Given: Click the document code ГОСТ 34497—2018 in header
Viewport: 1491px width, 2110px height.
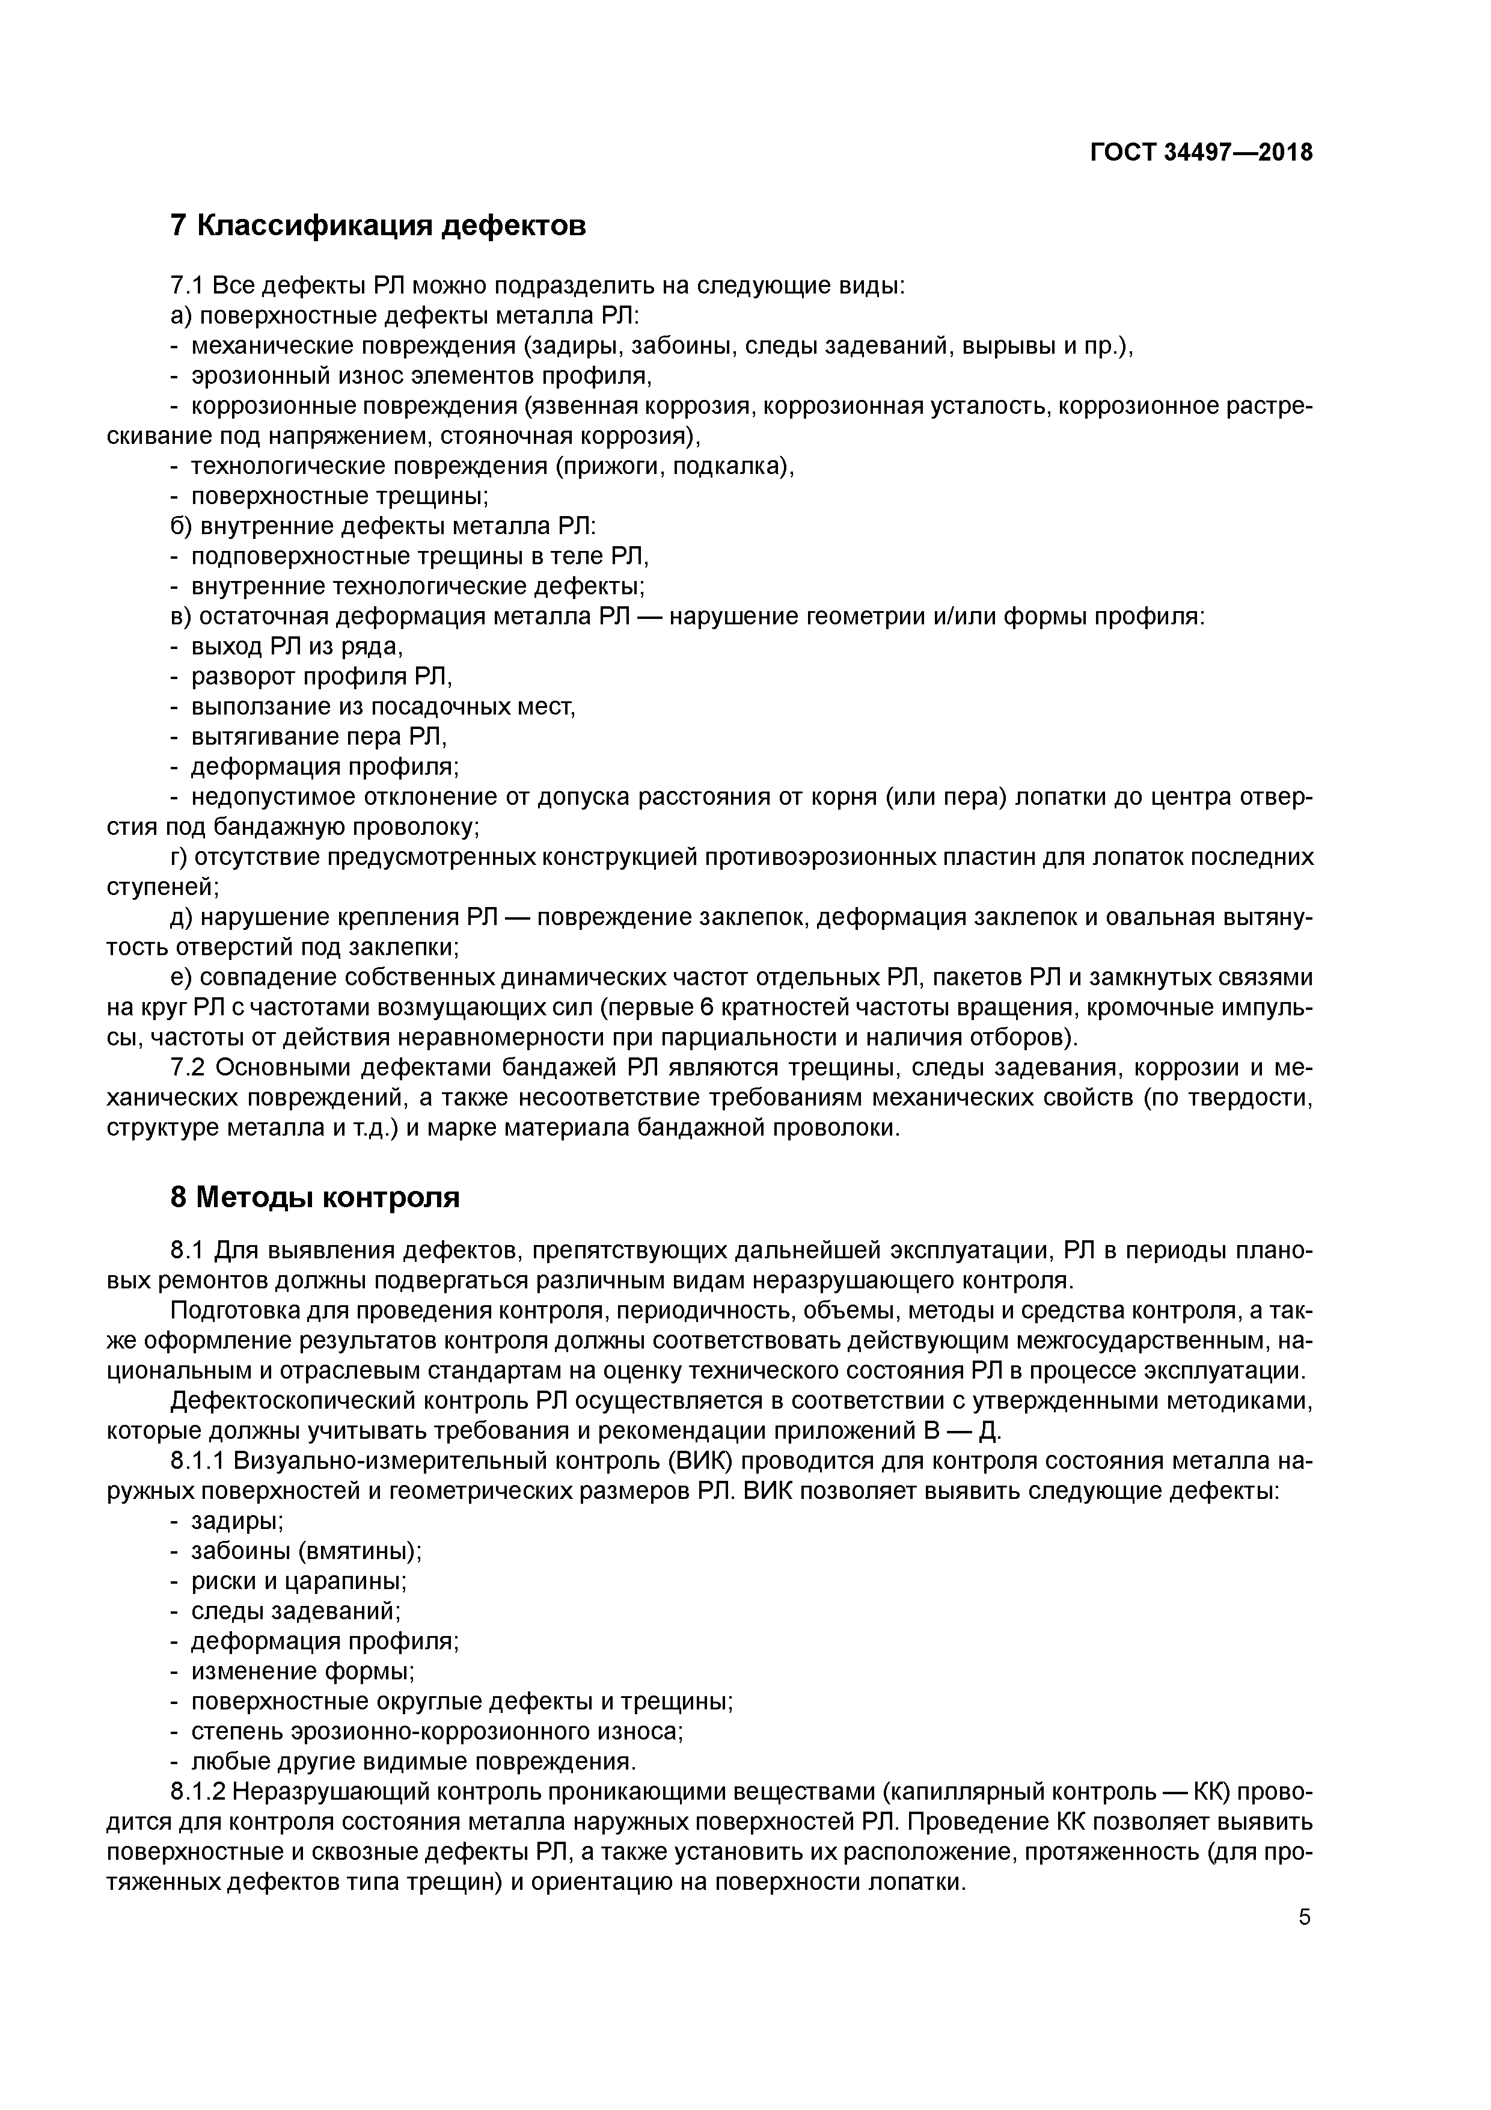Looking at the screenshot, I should pos(1201,153).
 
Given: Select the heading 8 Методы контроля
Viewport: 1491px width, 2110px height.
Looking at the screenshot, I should pos(315,1198).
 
